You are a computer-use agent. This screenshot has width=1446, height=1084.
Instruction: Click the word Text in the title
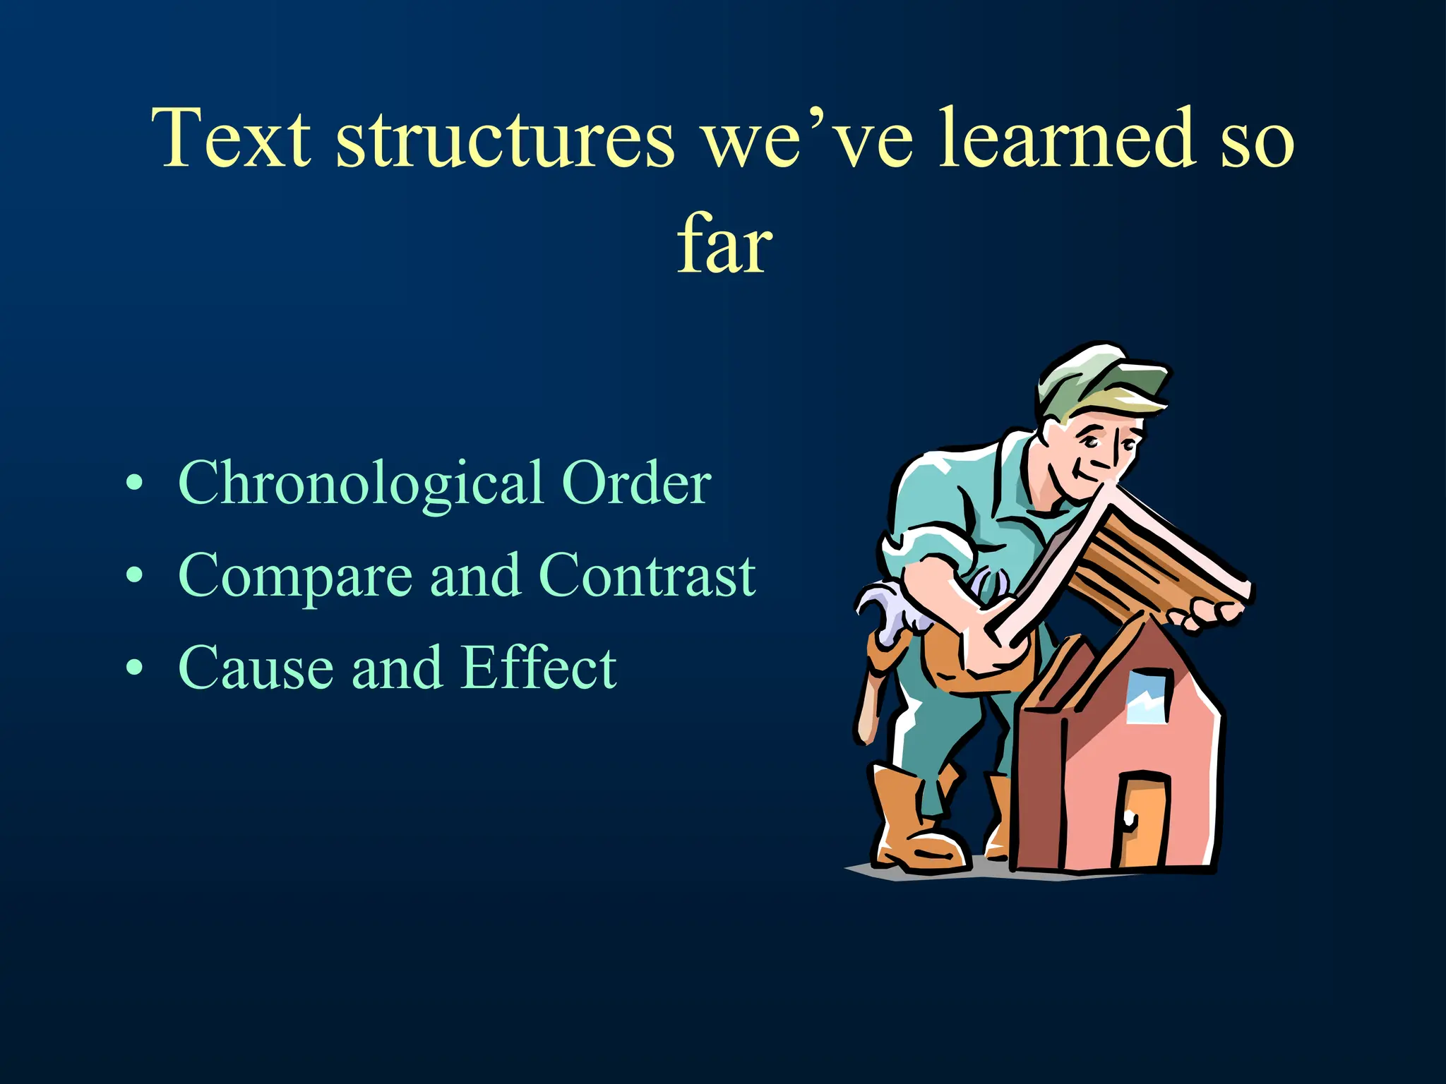tap(231, 138)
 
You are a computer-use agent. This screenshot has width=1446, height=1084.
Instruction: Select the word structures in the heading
tap(504, 138)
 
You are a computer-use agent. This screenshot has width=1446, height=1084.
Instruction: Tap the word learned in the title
tap(1067, 138)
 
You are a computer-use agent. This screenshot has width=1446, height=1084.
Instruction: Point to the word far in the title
tap(724, 244)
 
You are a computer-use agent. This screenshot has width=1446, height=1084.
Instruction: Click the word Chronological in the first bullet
tap(360, 484)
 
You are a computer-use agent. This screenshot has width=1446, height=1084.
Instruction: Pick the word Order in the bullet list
tap(635, 483)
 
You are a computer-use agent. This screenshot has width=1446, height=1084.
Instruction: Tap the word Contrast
tap(647, 575)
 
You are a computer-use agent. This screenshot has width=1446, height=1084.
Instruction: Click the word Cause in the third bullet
tap(256, 668)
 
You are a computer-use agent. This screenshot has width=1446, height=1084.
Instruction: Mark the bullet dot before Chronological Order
tap(134, 484)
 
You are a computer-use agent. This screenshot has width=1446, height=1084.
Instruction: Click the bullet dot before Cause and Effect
tap(134, 668)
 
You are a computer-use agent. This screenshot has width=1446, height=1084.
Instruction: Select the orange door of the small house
tap(1142, 822)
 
